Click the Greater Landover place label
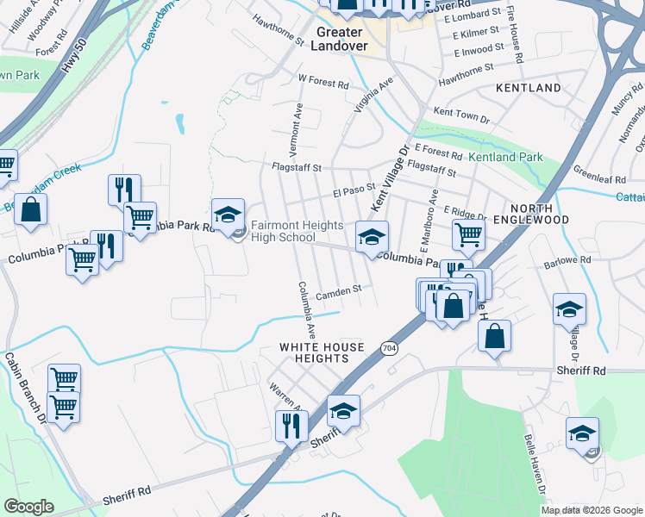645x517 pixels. [x=342, y=39]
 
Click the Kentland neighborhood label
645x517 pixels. [x=528, y=88]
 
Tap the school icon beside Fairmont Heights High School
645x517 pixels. [x=229, y=215]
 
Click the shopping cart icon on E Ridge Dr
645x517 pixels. [x=468, y=234]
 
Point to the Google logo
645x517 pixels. [x=28, y=507]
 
